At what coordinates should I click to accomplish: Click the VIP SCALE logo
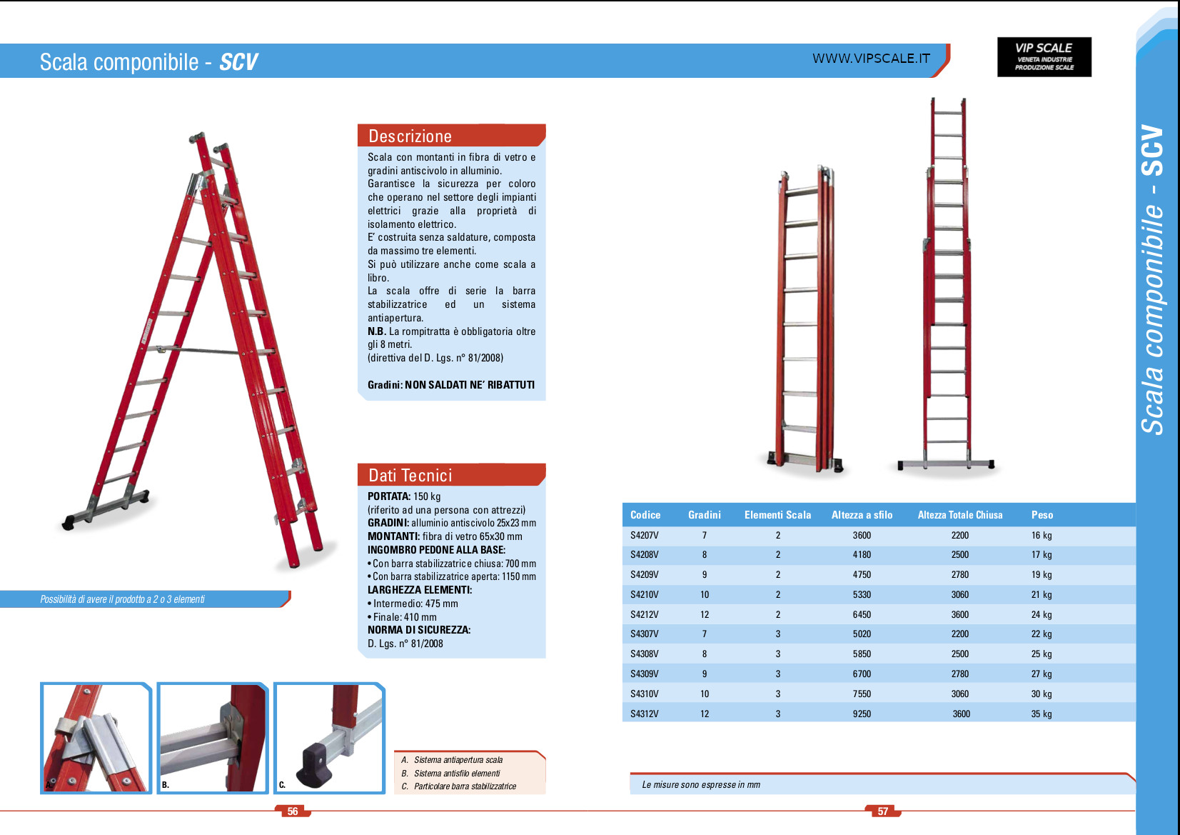tap(1044, 57)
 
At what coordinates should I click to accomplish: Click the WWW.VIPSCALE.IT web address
tap(871, 59)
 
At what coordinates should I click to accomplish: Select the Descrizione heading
tap(410, 136)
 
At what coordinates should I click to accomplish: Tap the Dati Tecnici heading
tap(410, 476)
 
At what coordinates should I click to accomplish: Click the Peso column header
tap(1042, 515)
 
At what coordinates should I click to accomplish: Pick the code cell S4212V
tap(644, 614)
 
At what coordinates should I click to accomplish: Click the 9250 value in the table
tap(862, 714)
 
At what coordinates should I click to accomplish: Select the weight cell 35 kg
tap(1041, 714)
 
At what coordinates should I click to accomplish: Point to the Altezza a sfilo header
tap(862, 515)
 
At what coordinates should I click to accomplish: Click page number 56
tap(293, 811)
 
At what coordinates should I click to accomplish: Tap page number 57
tap(883, 811)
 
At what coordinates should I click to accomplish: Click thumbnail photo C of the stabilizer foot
tap(330, 738)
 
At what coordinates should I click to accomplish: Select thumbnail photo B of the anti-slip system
tap(213, 738)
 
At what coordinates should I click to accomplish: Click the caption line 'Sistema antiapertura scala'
tap(458, 760)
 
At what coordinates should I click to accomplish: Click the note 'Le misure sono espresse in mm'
tap(700, 784)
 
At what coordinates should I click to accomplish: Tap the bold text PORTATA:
tap(389, 496)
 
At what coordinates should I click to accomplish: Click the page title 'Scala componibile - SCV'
tap(148, 62)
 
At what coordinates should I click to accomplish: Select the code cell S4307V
tap(644, 634)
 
